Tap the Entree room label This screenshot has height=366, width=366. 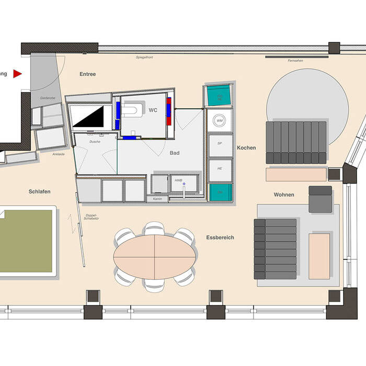click(88, 74)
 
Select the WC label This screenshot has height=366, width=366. click(153, 110)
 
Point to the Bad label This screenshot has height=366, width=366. click(175, 153)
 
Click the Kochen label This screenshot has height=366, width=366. click(246, 148)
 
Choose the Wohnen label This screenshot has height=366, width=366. click(284, 195)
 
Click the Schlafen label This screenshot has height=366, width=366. click(40, 192)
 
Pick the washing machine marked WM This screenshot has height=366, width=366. click(220, 121)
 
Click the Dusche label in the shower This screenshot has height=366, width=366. click(95, 142)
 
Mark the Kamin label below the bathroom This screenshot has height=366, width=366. click(157, 199)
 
